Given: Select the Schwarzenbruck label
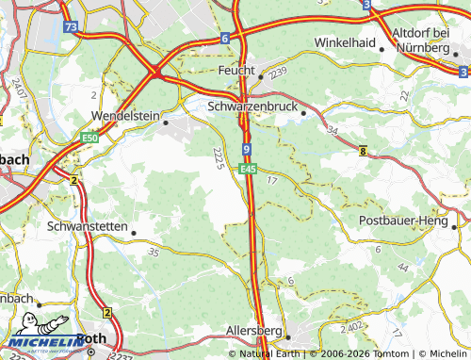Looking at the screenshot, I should point(252,107).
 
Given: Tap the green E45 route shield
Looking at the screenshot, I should point(248,170).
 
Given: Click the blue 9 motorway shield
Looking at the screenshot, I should point(246,149).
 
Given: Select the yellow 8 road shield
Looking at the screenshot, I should point(364,150).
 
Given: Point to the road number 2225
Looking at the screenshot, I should point(219,158).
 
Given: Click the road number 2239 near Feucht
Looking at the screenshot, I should point(276,72).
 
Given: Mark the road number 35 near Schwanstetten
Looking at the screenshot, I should point(154,253).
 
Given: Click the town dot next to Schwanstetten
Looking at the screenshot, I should point(134,232).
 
